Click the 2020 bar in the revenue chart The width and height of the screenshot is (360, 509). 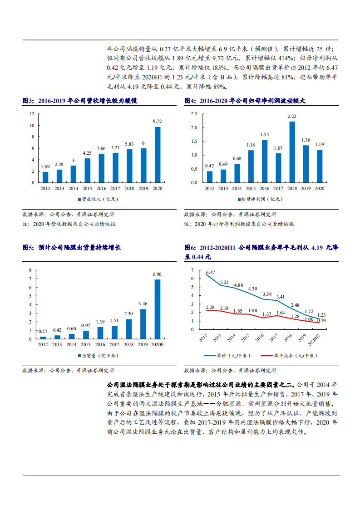point(158,154)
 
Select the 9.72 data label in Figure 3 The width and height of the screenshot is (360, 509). point(158,121)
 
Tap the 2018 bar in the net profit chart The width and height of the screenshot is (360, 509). point(292,152)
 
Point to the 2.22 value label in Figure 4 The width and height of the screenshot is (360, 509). point(292,116)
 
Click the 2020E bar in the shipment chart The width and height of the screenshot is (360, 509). point(158,309)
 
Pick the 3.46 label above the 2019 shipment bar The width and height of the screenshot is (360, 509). point(143,303)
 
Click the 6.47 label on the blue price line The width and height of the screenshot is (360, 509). point(211,272)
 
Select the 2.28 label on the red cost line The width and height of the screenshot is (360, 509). point(210,307)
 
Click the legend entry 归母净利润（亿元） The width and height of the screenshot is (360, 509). point(257,199)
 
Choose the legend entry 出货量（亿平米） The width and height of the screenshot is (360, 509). point(95,355)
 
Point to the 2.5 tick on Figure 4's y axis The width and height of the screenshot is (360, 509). point(194,113)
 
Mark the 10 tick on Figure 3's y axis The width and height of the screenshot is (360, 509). point(32,125)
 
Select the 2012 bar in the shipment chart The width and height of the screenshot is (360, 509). point(43,338)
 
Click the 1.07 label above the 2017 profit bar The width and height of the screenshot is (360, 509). point(278,148)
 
